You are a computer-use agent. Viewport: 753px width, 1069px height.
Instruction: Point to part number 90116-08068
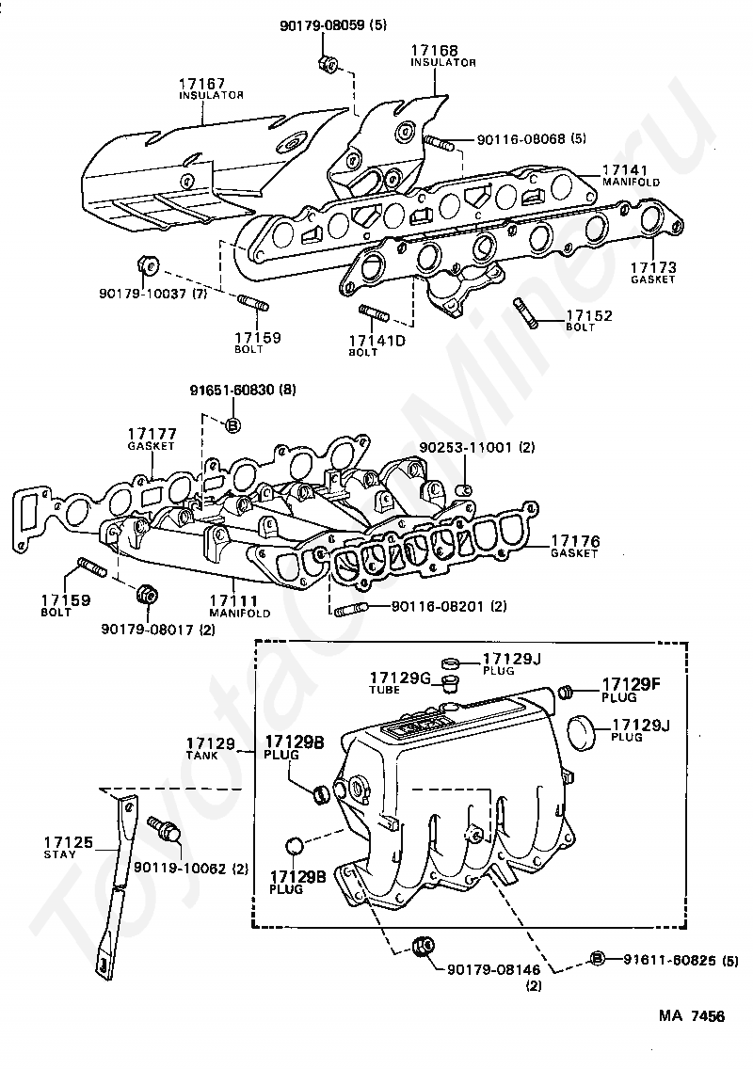coord(521,138)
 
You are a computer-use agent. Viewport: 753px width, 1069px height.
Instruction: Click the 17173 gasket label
coord(653,267)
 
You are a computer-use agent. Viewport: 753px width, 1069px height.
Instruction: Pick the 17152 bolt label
coord(588,316)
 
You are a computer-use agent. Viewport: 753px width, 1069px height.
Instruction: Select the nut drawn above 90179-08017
coord(146,595)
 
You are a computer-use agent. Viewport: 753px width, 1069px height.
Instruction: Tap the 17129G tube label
coord(399,678)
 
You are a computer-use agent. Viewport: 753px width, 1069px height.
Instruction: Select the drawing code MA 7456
coord(692,1016)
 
